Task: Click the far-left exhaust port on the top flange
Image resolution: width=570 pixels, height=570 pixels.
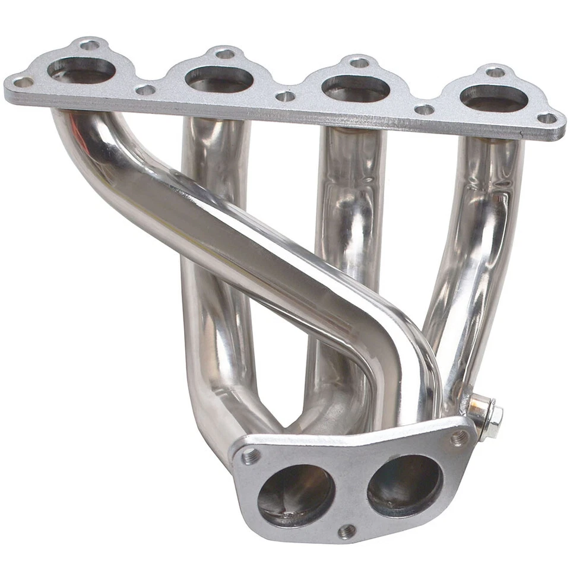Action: click(81, 71)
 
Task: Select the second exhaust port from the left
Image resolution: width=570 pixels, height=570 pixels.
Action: click(219, 79)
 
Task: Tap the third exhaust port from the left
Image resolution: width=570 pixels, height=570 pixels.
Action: click(356, 88)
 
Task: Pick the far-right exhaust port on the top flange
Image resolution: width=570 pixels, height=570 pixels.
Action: click(494, 98)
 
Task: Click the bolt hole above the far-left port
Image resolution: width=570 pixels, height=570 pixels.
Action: click(89, 45)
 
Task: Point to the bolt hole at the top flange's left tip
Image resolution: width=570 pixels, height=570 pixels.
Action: click(23, 82)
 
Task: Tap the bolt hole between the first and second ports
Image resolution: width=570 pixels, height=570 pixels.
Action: click(145, 90)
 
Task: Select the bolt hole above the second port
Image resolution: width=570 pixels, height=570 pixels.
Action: click(224, 54)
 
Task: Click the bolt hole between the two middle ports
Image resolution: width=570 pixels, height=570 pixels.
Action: click(286, 96)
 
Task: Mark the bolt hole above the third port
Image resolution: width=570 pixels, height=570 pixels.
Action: click(359, 62)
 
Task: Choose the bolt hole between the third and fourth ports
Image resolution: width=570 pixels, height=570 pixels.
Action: click(424, 109)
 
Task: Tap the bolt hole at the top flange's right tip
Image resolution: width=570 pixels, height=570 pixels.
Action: click(547, 118)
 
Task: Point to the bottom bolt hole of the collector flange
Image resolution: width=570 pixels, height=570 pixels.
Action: click(347, 531)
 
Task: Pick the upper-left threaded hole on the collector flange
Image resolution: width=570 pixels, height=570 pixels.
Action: click(251, 457)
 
